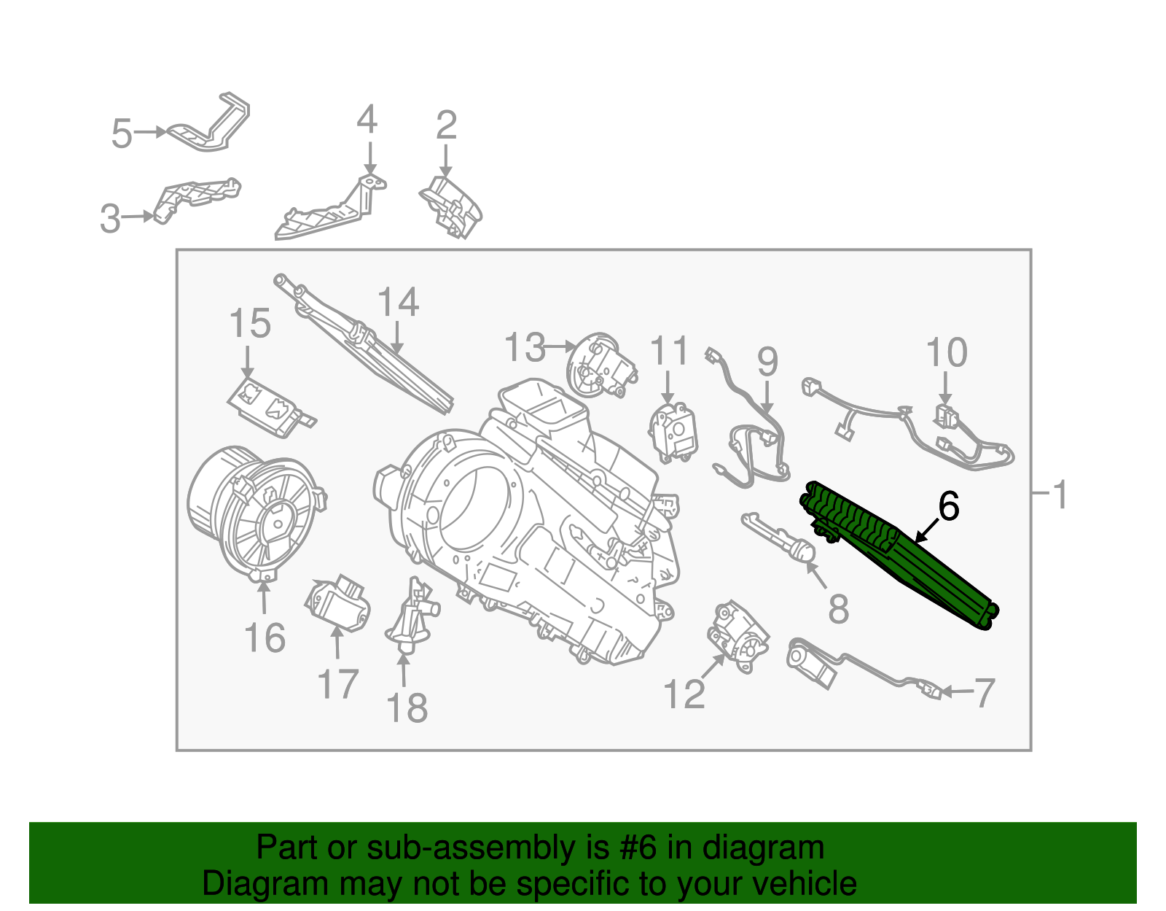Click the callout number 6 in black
948,506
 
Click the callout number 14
398,302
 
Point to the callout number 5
122,134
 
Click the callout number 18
407,708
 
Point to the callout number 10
947,353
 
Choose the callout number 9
767,362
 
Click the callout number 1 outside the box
1061,495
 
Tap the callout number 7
985,693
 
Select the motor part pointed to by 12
737,635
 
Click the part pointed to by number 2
452,206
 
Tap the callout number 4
367,120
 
